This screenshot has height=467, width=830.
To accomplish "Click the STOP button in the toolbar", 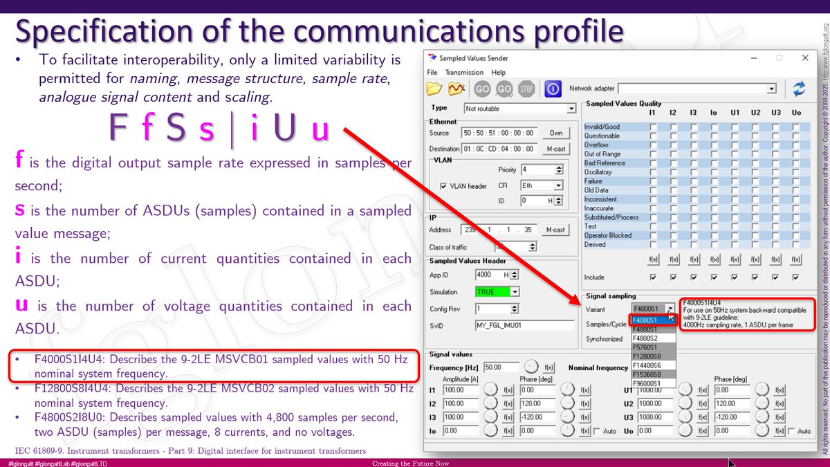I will (x=526, y=89).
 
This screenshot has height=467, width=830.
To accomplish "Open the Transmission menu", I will (x=464, y=72).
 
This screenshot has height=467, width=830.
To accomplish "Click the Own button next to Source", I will (x=555, y=133).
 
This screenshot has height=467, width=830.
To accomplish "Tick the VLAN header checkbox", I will (x=443, y=186).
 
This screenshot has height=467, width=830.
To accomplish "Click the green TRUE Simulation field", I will (x=497, y=292).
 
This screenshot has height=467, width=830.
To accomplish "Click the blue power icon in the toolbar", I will (x=553, y=89).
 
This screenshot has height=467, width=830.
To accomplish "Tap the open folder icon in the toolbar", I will (x=434, y=89).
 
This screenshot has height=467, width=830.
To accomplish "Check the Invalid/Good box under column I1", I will (x=652, y=127).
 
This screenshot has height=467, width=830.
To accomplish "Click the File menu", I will (x=432, y=72).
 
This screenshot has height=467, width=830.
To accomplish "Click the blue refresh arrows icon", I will (x=799, y=89).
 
